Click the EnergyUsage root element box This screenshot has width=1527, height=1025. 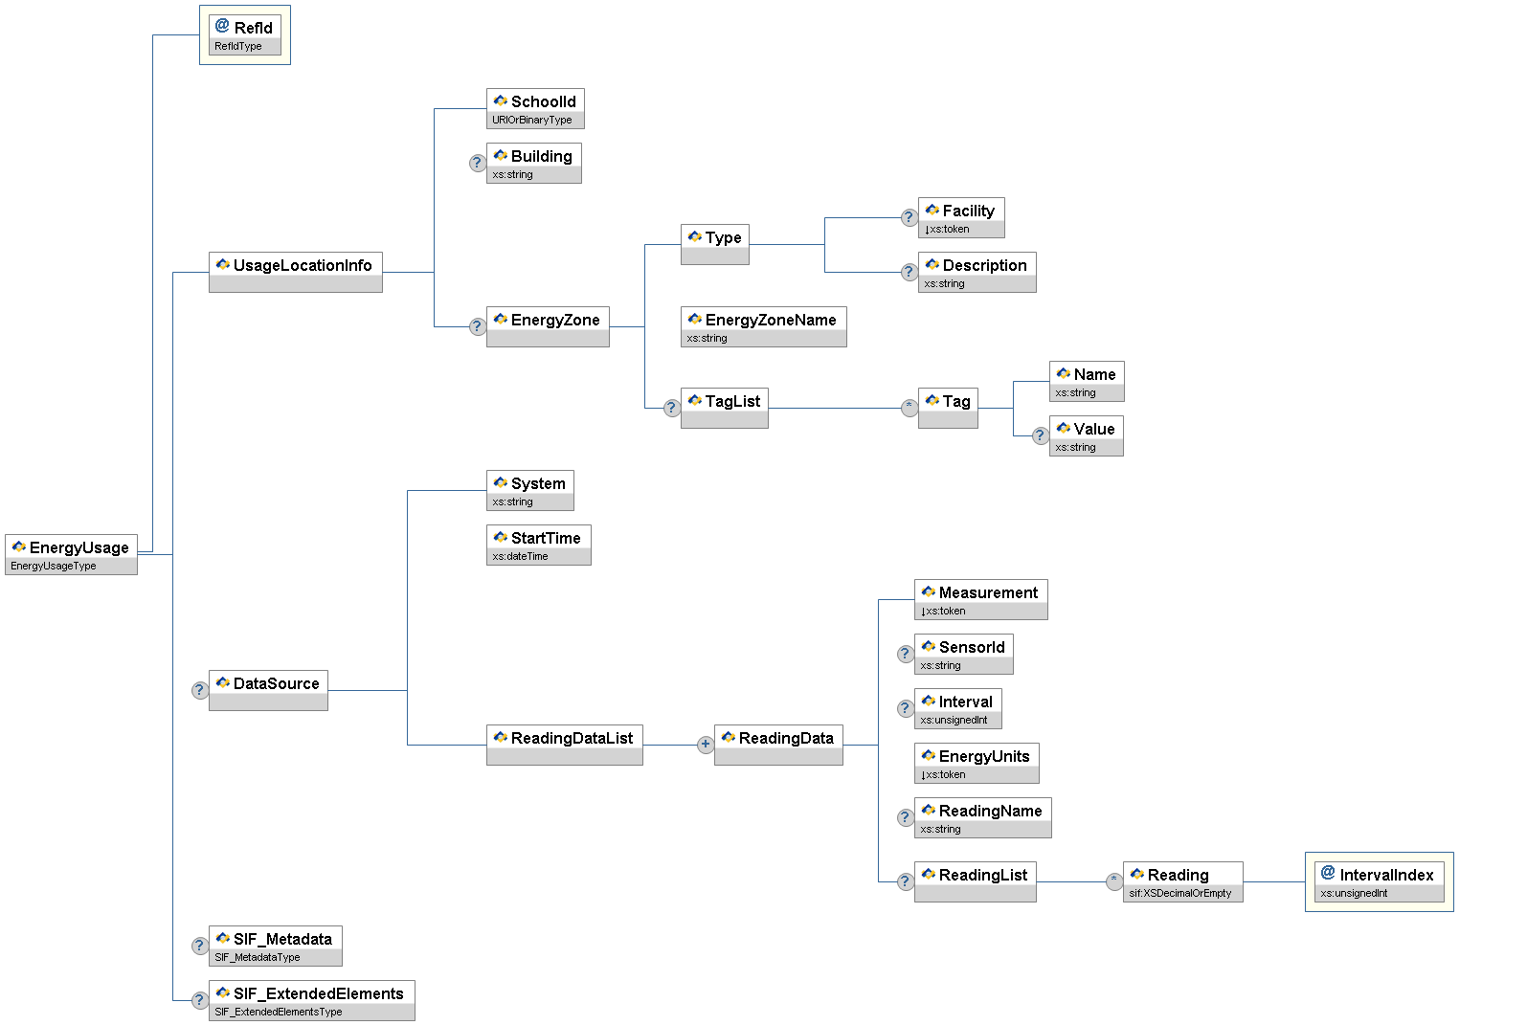click(71, 554)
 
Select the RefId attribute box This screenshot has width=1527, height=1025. click(244, 34)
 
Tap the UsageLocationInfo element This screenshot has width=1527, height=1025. click(295, 272)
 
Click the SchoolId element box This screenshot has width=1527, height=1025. click(535, 108)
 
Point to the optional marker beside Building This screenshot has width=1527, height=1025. click(477, 163)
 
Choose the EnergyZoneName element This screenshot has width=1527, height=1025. click(763, 326)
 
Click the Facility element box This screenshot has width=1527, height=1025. click(961, 217)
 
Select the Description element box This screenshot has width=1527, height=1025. click(977, 272)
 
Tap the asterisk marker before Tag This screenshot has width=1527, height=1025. click(909, 408)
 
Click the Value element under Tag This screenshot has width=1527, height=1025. click(1086, 435)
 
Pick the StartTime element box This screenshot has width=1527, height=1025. click(538, 545)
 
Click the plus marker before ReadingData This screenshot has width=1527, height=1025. click(705, 745)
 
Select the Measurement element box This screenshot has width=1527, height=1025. click(980, 599)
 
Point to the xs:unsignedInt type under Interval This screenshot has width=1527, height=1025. click(954, 721)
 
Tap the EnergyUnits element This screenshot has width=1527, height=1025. click(977, 763)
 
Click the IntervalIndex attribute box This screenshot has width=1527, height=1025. click(1379, 881)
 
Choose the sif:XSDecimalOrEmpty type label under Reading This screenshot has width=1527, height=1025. click(1180, 894)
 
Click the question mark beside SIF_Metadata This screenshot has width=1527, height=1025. click(199, 946)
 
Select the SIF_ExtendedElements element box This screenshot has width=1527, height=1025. click(311, 1000)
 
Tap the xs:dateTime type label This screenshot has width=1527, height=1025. click(521, 557)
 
